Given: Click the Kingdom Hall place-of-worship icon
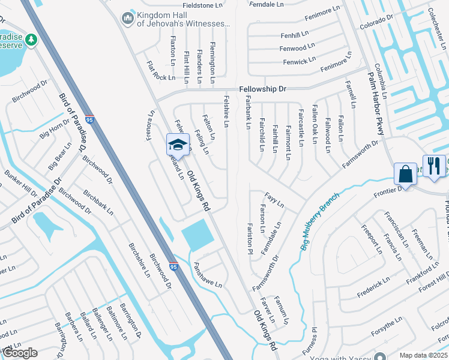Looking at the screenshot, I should (x=127, y=19).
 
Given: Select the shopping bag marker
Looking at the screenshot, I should (x=406, y=174).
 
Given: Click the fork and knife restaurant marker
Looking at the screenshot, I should (x=434, y=165).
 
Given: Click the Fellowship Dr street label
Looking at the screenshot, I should (x=263, y=89).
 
